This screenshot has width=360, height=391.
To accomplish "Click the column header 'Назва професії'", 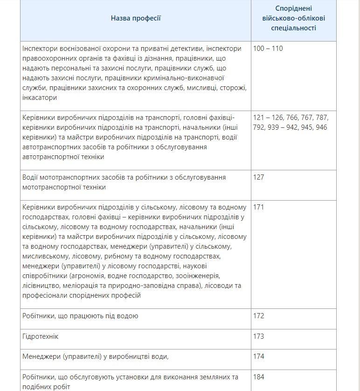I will [x=136, y=18].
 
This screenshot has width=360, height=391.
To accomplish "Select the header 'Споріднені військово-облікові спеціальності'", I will [x=293, y=18].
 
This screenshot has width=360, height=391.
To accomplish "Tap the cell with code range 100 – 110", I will [x=268, y=49].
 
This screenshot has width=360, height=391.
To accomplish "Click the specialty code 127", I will [x=258, y=177].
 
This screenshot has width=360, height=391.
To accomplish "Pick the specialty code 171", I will [x=258, y=207].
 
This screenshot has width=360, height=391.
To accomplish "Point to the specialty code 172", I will [x=258, y=316].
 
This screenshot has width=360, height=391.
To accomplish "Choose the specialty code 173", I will [x=258, y=336].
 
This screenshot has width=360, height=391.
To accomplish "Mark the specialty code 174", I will [x=258, y=356].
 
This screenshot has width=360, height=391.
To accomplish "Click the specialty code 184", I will [x=258, y=377].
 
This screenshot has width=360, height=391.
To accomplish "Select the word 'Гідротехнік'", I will [x=41, y=336].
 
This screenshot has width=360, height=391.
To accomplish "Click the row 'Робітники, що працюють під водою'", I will [x=80, y=316].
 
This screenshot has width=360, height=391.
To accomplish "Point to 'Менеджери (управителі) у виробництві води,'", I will [x=95, y=356].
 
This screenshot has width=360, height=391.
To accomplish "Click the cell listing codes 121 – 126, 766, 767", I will [x=290, y=122].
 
